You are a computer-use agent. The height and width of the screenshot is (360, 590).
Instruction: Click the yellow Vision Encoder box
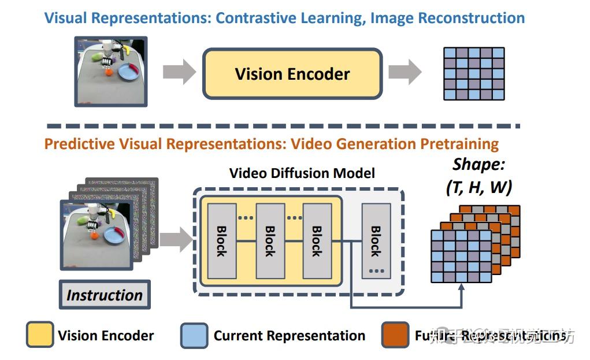[292, 74]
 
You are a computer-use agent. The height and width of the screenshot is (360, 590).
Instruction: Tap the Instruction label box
[105, 295]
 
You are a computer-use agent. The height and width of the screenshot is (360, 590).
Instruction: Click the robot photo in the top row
[111, 72]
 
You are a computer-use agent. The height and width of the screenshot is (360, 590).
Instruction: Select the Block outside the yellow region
[376, 240]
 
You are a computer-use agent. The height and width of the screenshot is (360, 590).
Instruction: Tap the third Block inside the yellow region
[316, 240]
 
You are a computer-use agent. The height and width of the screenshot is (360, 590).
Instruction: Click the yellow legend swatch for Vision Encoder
[40, 335]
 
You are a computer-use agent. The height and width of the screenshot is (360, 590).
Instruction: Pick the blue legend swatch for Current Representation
[194, 335]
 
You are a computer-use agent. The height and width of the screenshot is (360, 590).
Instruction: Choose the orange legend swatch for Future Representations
[395, 335]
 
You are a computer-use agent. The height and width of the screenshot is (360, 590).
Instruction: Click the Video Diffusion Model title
[302, 173]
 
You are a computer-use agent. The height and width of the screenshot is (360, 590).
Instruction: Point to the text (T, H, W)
[478, 187]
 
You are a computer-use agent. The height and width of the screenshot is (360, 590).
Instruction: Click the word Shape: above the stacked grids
[479, 164]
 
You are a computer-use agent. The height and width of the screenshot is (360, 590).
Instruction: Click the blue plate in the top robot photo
[128, 72]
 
